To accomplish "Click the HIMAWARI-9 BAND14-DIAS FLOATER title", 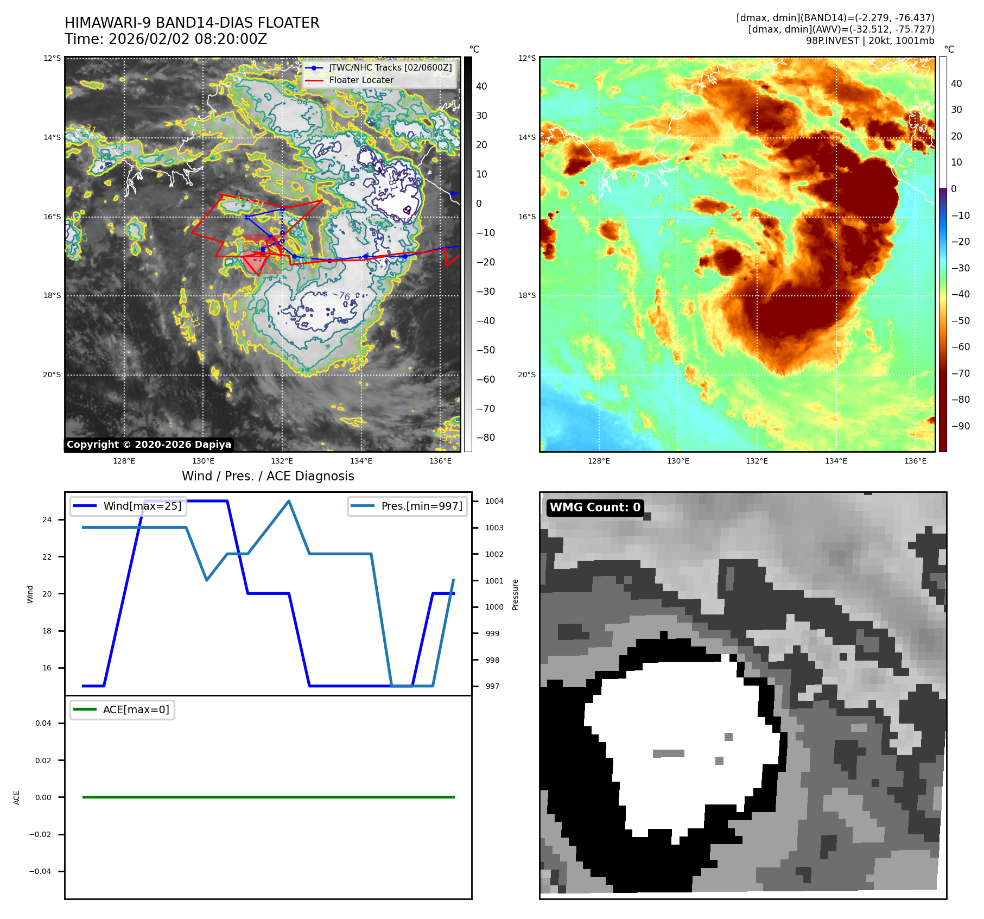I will point(192,23).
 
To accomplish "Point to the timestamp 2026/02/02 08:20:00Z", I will point(187,39).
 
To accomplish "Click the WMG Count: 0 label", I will point(595,507).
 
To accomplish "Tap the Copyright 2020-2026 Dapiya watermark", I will point(149,445).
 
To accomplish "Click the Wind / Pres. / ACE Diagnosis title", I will point(268,476).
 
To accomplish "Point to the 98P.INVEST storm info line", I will point(869,41).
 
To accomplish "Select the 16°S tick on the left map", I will point(52,217).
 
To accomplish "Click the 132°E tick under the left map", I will point(282,461).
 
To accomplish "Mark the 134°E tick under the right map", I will point(836,461).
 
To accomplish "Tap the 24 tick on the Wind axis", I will point(47,519).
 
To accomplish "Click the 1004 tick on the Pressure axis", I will point(494,501).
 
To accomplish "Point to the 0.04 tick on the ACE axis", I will point(43,723).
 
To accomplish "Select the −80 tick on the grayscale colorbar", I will point(485,438).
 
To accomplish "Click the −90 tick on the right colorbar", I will point(960,426).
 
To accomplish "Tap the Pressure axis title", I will point(515,594).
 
